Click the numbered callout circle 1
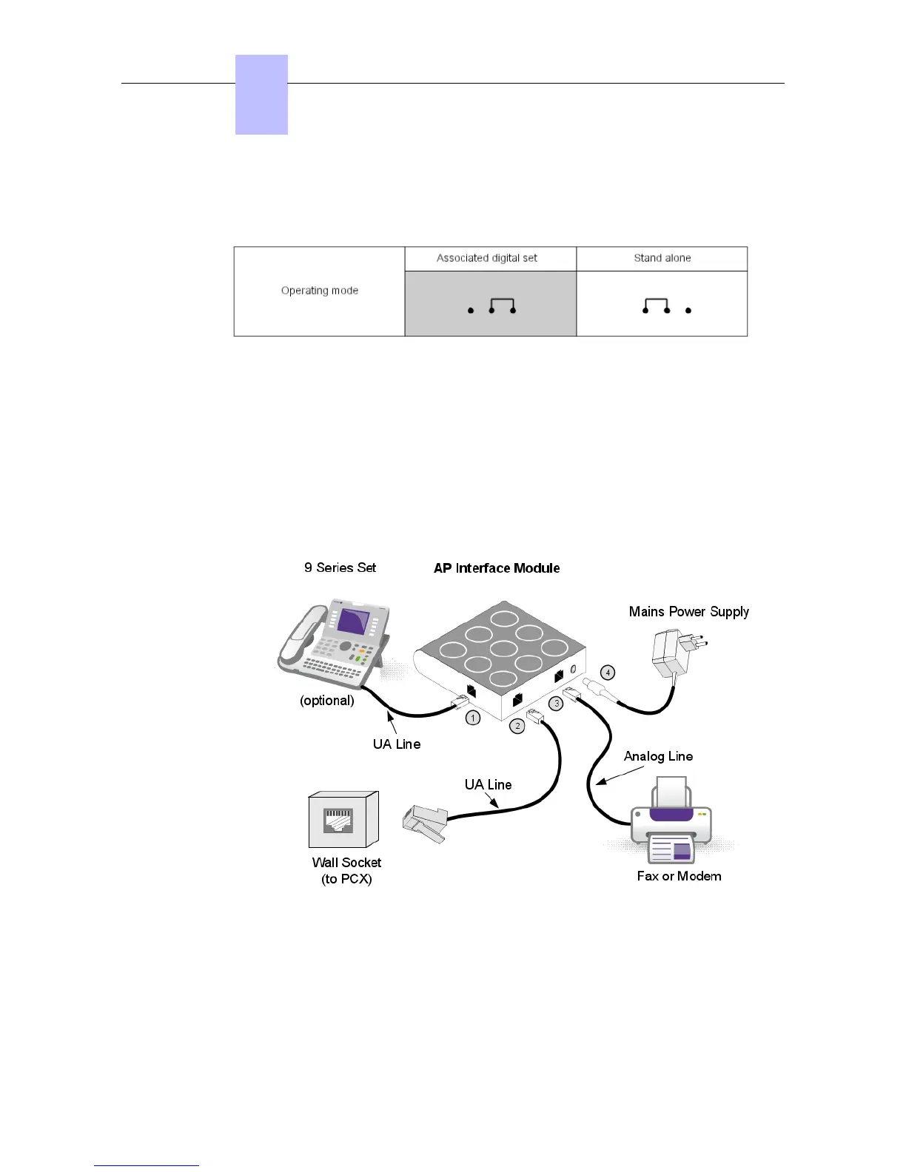pos(473,718)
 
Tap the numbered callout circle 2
pos(517,726)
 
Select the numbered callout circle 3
pos(557,704)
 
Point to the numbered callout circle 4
pos(608,673)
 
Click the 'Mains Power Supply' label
pos(688,612)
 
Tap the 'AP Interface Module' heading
pos(497,568)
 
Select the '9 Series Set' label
pos(340,568)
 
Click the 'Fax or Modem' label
pos(679,876)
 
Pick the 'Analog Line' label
pos(658,756)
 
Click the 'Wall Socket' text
pos(346,863)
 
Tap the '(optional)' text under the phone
pos(326,701)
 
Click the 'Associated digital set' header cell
pos(487,258)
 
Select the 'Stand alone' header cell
pos(662,258)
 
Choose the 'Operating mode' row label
pos(319,291)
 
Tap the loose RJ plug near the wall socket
pos(425,822)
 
